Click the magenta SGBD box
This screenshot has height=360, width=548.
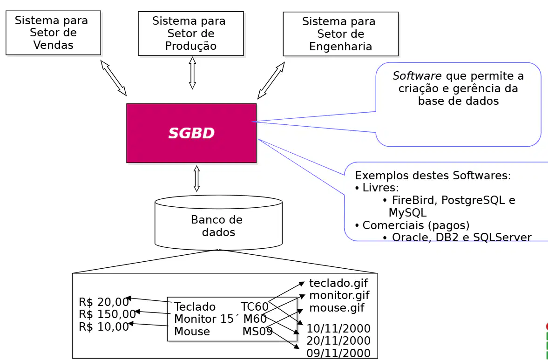pos(191,133)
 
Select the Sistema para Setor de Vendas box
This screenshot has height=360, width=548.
pos(53,33)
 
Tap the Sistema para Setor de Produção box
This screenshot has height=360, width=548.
pos(191,34)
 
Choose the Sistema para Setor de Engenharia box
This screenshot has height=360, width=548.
pos(341,34)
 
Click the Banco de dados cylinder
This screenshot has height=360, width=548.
pos(218,223)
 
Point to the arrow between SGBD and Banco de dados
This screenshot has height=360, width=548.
pos(197,178)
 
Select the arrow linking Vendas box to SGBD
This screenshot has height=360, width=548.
pos(113,78)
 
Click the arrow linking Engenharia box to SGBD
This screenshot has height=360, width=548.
pos(271,81)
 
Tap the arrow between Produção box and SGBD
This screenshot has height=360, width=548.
pos(192,73)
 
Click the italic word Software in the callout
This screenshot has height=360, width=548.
pos(417,76)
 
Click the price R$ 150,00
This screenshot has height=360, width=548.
pos(107,314)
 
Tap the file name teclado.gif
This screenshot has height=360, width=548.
pos(338,283)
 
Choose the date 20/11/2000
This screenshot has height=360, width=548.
pos(338,340)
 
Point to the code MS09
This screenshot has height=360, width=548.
pos(257,331)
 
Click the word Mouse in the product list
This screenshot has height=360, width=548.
pos(192,331)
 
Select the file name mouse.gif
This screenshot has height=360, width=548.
pos(337,308)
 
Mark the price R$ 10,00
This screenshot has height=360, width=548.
pos(104,327)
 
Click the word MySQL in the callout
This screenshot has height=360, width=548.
pos(407,212)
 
